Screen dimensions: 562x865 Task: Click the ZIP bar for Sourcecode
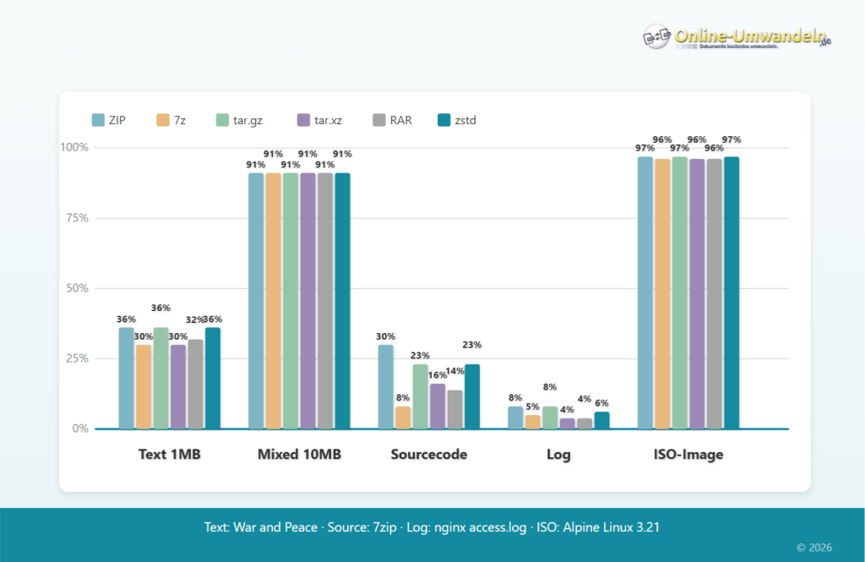[385, 386]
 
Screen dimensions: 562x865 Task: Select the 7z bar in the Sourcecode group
[403, 417]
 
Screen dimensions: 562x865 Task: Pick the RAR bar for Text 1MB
[195, 384]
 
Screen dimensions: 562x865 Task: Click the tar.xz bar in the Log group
[568, 423]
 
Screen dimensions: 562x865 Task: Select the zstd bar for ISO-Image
[731, 292]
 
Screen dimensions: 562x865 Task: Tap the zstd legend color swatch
[443, 120]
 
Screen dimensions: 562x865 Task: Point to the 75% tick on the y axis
[77, 218]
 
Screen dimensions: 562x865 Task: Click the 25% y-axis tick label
[77, 358]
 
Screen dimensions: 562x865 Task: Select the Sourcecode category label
[428, 455]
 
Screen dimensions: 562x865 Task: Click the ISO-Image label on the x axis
[688, 455]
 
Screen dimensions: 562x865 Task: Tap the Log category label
[558, 455]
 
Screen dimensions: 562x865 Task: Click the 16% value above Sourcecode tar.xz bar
[437, 375]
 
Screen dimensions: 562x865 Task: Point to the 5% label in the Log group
[532, 406]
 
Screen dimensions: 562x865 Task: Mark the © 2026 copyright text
[813, 548]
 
